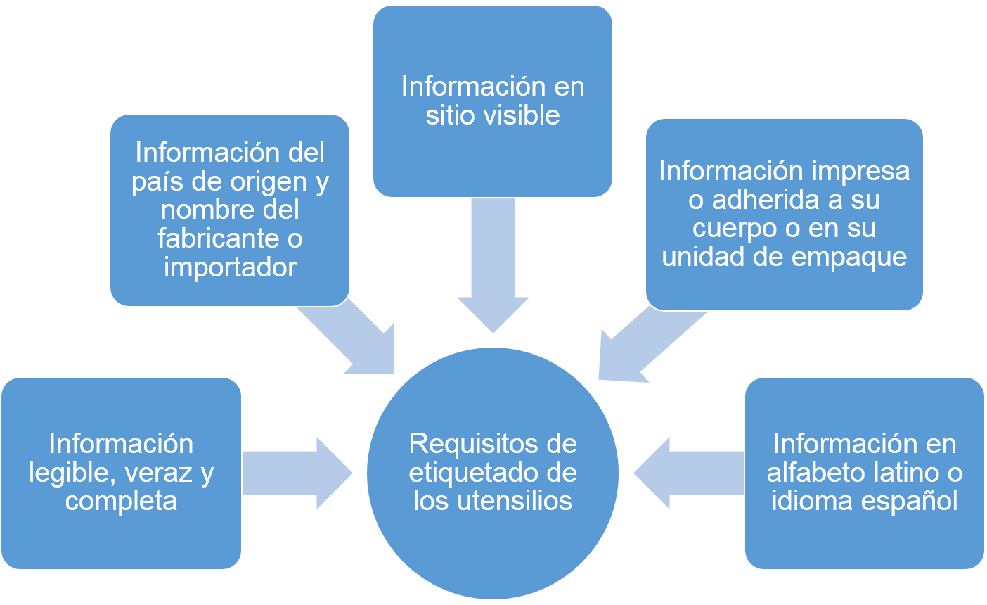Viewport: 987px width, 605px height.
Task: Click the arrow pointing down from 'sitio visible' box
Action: click(x=493, y=265)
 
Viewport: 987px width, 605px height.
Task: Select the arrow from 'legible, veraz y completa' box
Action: click(x=297, y=473)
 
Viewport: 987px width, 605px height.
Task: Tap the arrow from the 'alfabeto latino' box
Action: click(x=689, y=473)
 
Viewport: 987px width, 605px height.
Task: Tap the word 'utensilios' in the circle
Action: click(x=515, y=502)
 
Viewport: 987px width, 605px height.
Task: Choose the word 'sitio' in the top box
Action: click(x=451, y=115)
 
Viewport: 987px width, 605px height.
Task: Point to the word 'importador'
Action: click(x=230, y=268)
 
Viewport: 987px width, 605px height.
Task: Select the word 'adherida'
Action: click(x=766, y=200)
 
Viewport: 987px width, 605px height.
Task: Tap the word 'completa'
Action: click(x=121, y=502)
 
